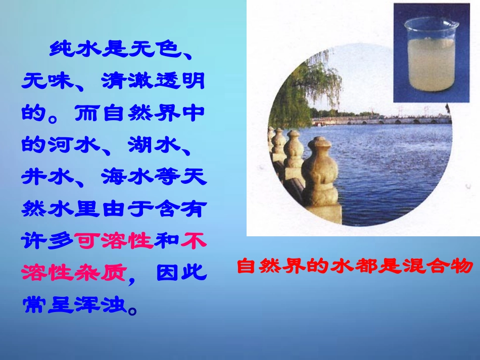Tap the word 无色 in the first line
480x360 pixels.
pos(154,49)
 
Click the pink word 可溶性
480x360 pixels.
pos(114,241)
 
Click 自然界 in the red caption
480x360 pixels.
pos(262,266)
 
